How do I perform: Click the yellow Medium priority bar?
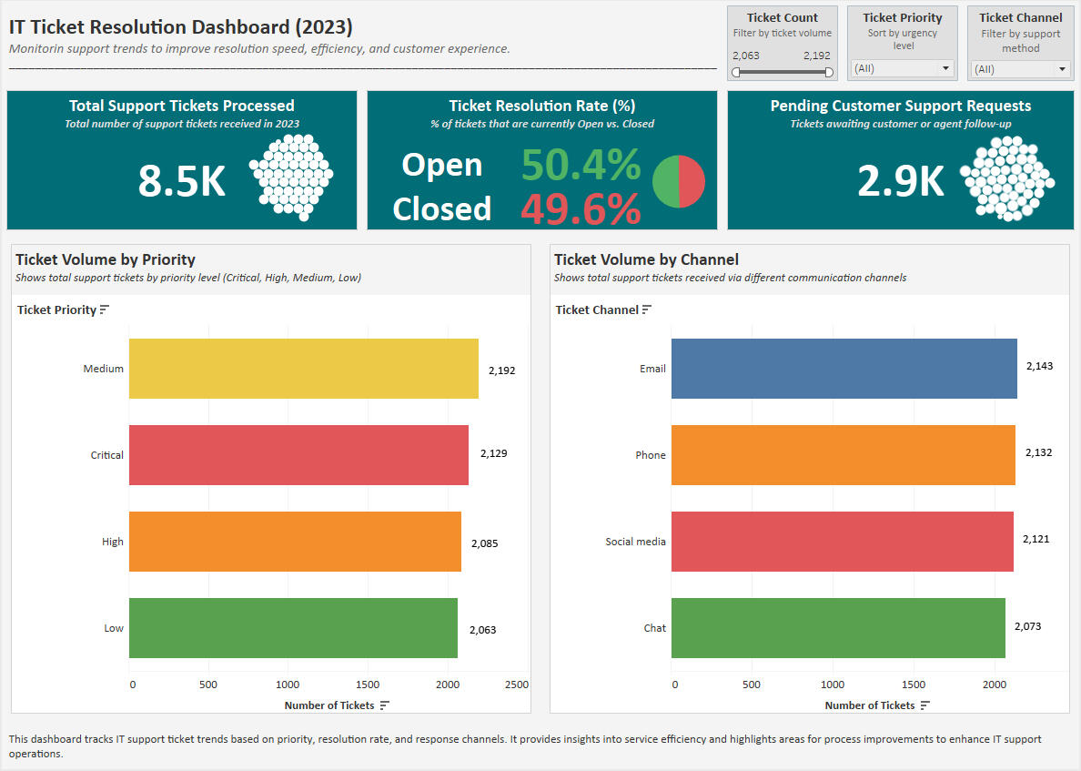pos(303,369)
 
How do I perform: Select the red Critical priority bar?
pos(298,455)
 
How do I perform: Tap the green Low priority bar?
pos(293,628)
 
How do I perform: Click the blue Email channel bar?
pos(844,369)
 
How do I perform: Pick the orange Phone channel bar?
pos(843,455)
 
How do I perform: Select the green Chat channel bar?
pos(838,628)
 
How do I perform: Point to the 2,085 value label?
pos(484,543)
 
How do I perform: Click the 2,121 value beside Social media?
pos(1036,539)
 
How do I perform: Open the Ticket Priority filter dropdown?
pos(902,68)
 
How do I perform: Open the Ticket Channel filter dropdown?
pos(1020,68)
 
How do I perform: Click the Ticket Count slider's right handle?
pos(829,72)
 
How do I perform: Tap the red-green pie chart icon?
pos(679,181)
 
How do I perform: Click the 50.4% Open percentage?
pos(581,165)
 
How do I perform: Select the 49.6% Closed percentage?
pos(581,209)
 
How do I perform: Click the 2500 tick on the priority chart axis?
pos(516,685)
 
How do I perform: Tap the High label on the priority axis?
pos(113,542)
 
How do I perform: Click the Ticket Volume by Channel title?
pos(646,259)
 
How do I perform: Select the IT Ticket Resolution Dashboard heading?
pos(181,27)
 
